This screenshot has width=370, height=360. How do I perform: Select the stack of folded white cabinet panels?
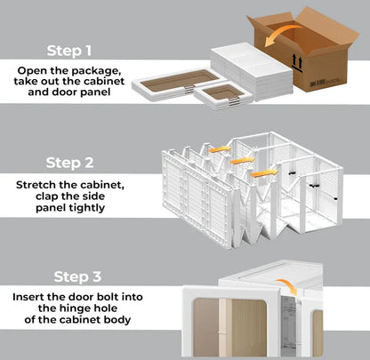pos(253,72)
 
